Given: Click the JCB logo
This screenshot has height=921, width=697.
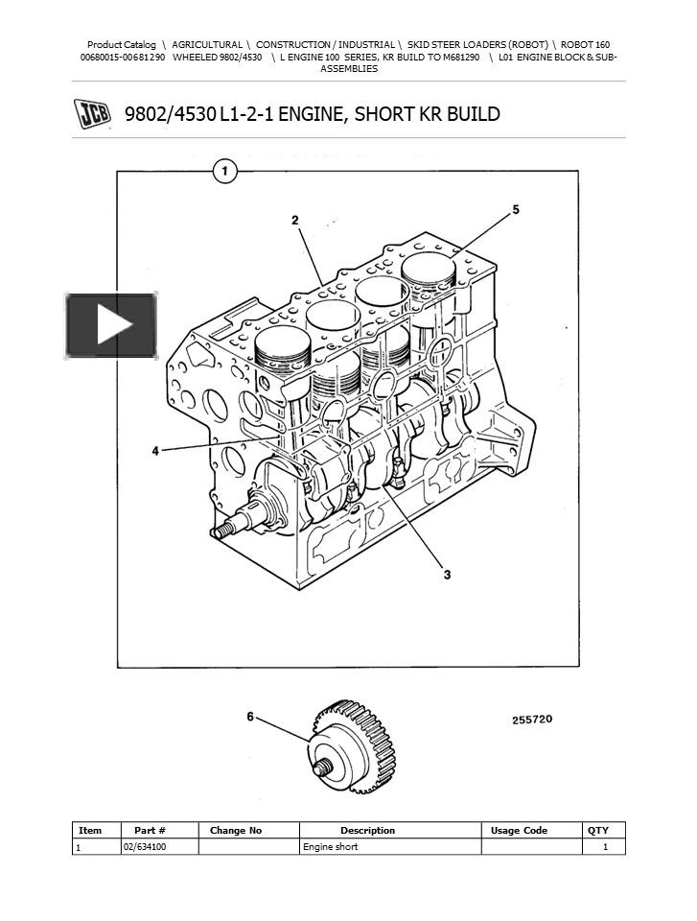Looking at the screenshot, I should (92, 114).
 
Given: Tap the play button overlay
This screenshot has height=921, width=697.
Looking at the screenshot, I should (112, 326).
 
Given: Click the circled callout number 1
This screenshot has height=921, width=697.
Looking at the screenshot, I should (224, 173).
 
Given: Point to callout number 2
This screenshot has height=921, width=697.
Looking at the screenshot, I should (295, 221).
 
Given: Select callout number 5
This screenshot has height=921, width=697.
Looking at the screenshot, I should (516, 209).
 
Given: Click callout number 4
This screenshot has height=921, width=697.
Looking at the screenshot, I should (155, 451).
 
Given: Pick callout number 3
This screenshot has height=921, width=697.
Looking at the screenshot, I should (446, 575).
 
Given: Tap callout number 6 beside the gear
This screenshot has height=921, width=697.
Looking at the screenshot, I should (251, 717).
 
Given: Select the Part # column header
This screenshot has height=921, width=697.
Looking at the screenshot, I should (150, 830).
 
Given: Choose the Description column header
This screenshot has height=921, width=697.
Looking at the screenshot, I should (367, 830).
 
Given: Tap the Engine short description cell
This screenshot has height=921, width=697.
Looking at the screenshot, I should (330, 847).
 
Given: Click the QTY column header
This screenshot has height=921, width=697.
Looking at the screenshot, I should (597, 830).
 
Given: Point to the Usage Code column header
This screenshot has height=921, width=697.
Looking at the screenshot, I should (519, 830).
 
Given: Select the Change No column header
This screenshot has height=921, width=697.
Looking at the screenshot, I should (236, 830).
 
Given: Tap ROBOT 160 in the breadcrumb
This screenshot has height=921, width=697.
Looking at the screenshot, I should (585, 44).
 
